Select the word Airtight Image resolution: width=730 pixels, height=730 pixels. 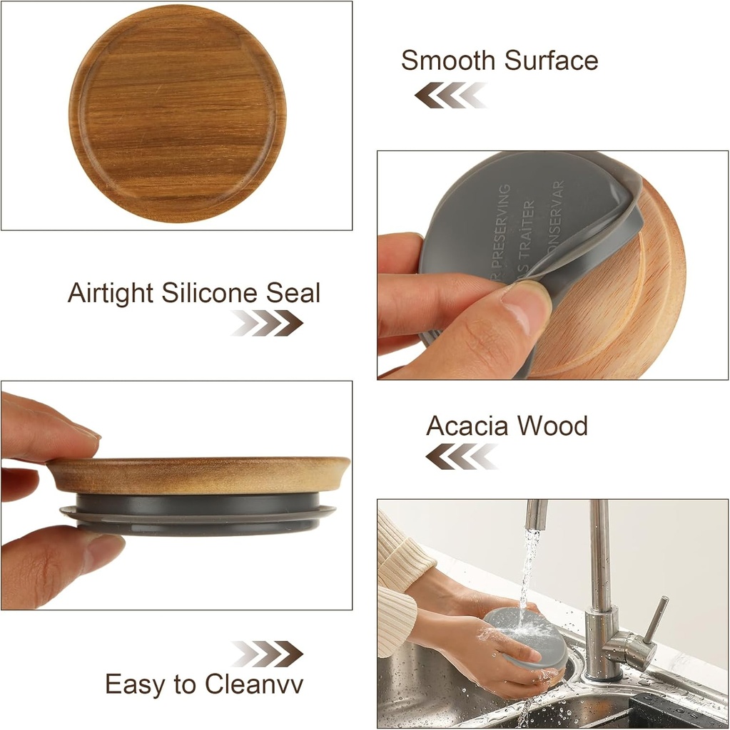(x=111, y=293)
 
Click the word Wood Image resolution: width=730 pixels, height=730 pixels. (x=552, y=426)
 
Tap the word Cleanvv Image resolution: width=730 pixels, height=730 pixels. (x=254, y=685)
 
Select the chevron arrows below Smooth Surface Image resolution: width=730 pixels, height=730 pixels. (x=451, y=96)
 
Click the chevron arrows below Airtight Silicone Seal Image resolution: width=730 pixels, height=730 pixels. (x=267, y=323)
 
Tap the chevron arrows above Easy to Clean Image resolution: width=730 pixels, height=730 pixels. (x=267, y=653)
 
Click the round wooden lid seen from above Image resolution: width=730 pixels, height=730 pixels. (x=178, y=114)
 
